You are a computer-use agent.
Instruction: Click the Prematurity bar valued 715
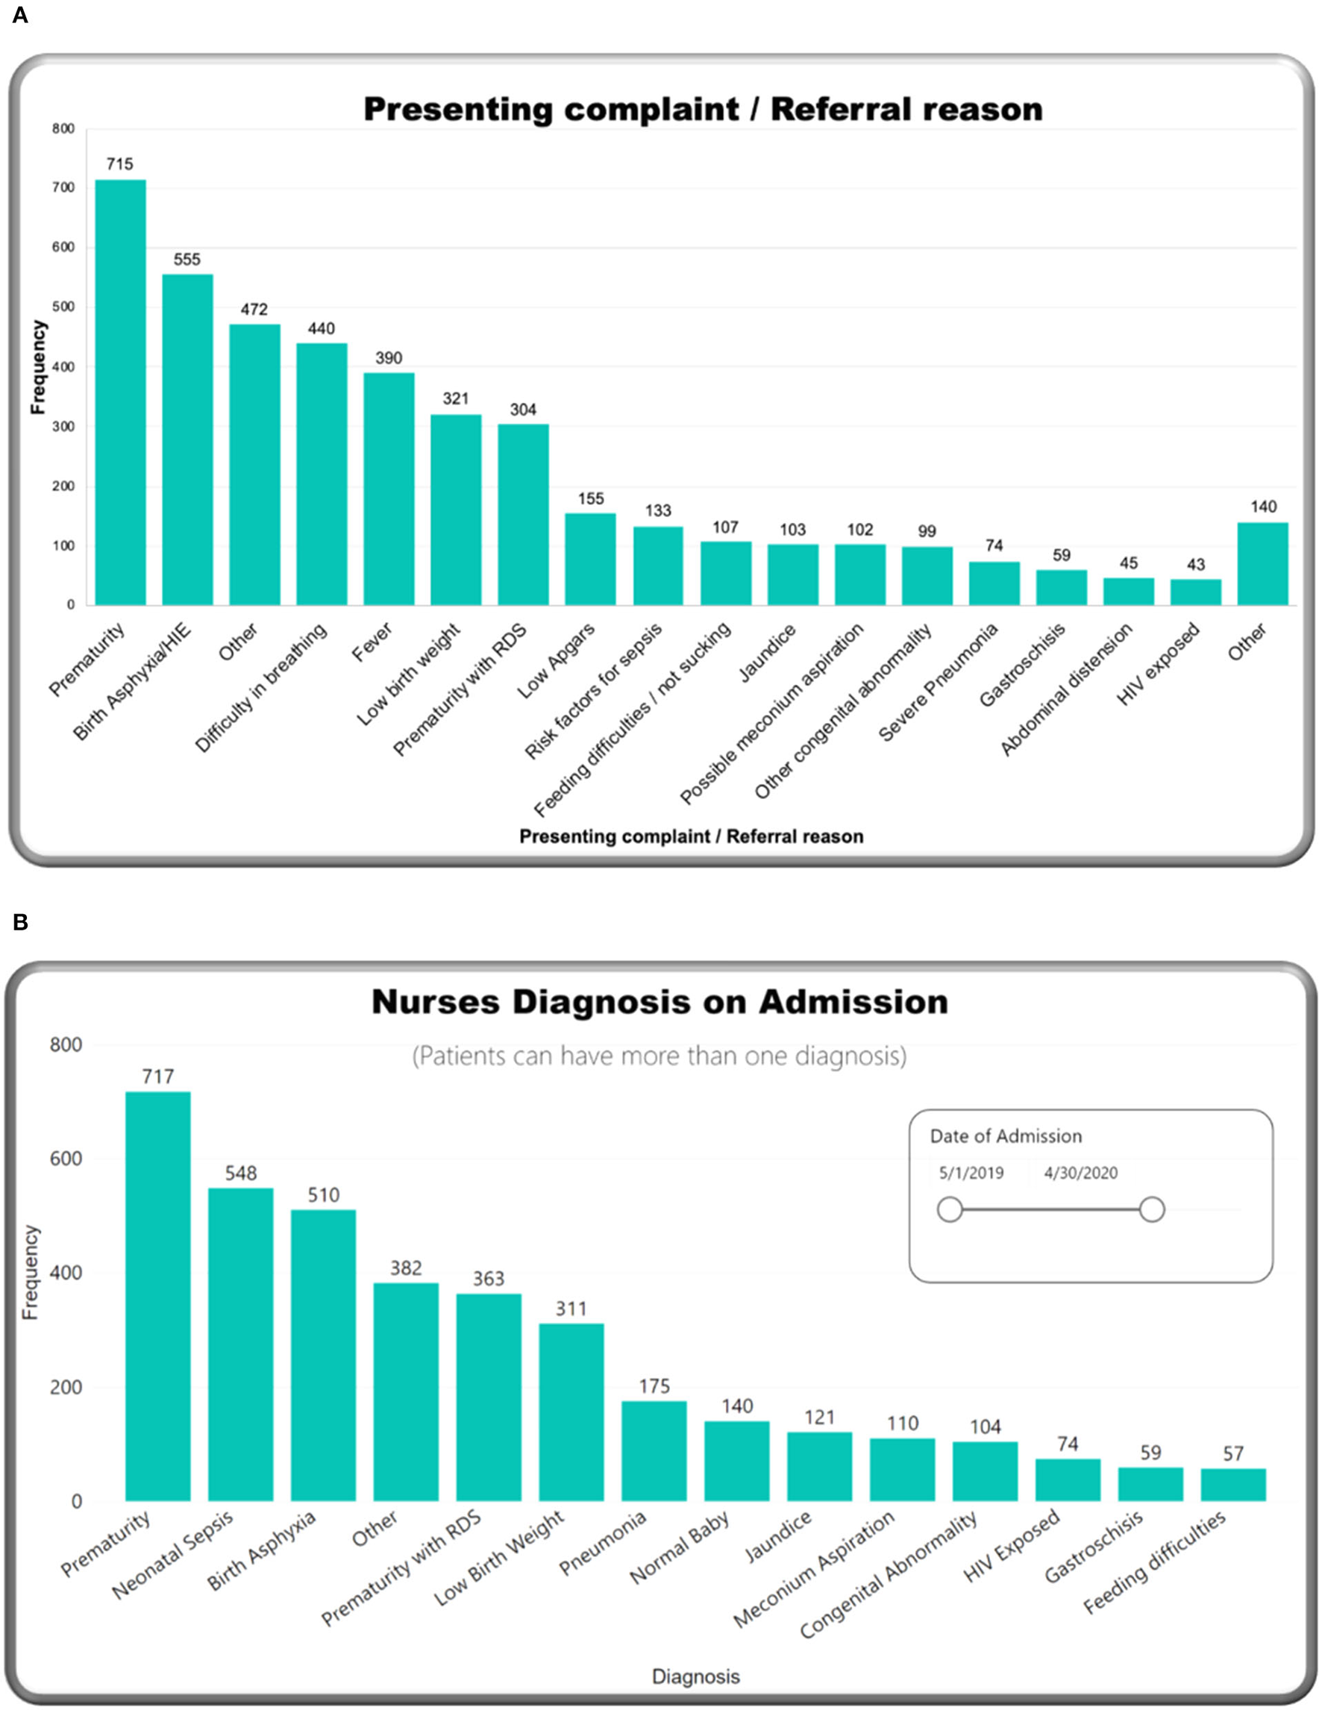coord(121,392)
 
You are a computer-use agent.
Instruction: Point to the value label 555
coord(187,259)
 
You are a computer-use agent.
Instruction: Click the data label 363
coord(489,1279)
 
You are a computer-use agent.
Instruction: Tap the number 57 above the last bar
coord(1233,1454)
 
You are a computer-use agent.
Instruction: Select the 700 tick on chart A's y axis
coord(64,188)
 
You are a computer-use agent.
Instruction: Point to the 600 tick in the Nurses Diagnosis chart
coord(66,1159)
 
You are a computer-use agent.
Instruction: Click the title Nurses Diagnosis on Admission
coord(660,1002)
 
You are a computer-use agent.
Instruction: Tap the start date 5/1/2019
coord(971,1173)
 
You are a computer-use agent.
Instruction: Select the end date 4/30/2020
coord(1080,1173)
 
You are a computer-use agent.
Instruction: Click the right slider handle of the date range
coord(1151,1209)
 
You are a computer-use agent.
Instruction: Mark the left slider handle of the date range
coord(950,1209)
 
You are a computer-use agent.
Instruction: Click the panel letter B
coord(20,922)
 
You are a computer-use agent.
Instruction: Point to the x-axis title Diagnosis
coord(696,1676)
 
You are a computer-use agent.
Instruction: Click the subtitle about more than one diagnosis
coord(659,1056)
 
